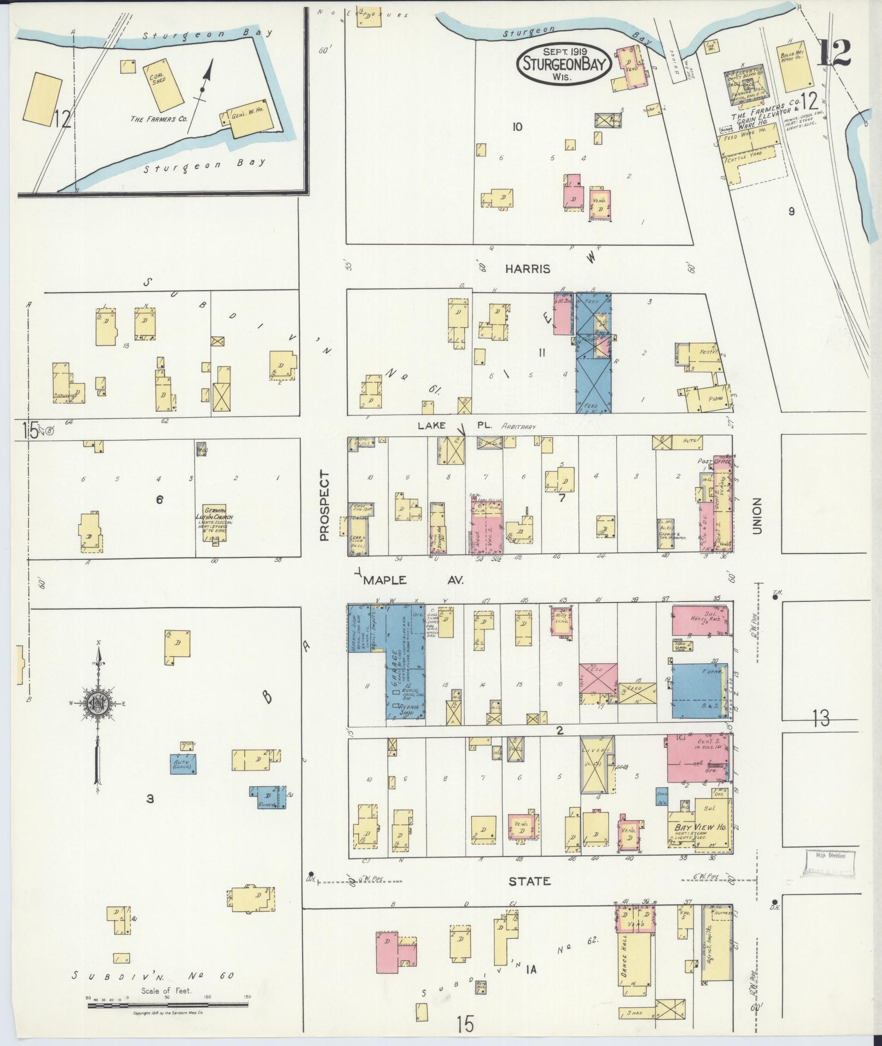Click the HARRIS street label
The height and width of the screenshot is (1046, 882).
point(527,269)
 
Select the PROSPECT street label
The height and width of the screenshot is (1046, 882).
point(324,506)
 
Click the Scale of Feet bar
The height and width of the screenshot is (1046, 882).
point(168,1004)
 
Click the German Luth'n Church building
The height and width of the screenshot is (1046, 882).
point(214,524)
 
